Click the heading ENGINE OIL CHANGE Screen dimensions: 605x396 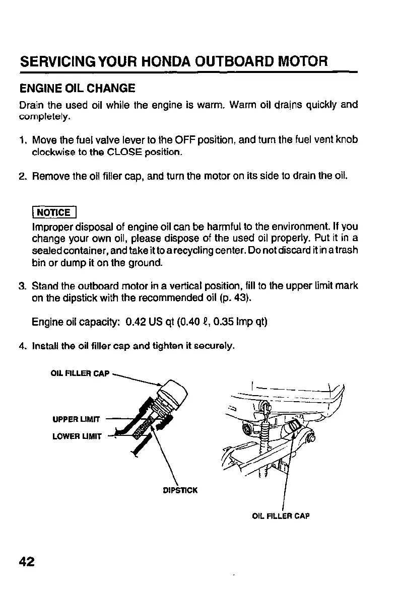tap(77, 89)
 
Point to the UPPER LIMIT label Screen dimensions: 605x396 tap(75, 419)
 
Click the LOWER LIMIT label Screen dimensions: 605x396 tap(76, 436)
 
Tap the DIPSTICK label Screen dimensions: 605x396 tap(180, 489)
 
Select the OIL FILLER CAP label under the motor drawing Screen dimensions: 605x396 tap(281, 516)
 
